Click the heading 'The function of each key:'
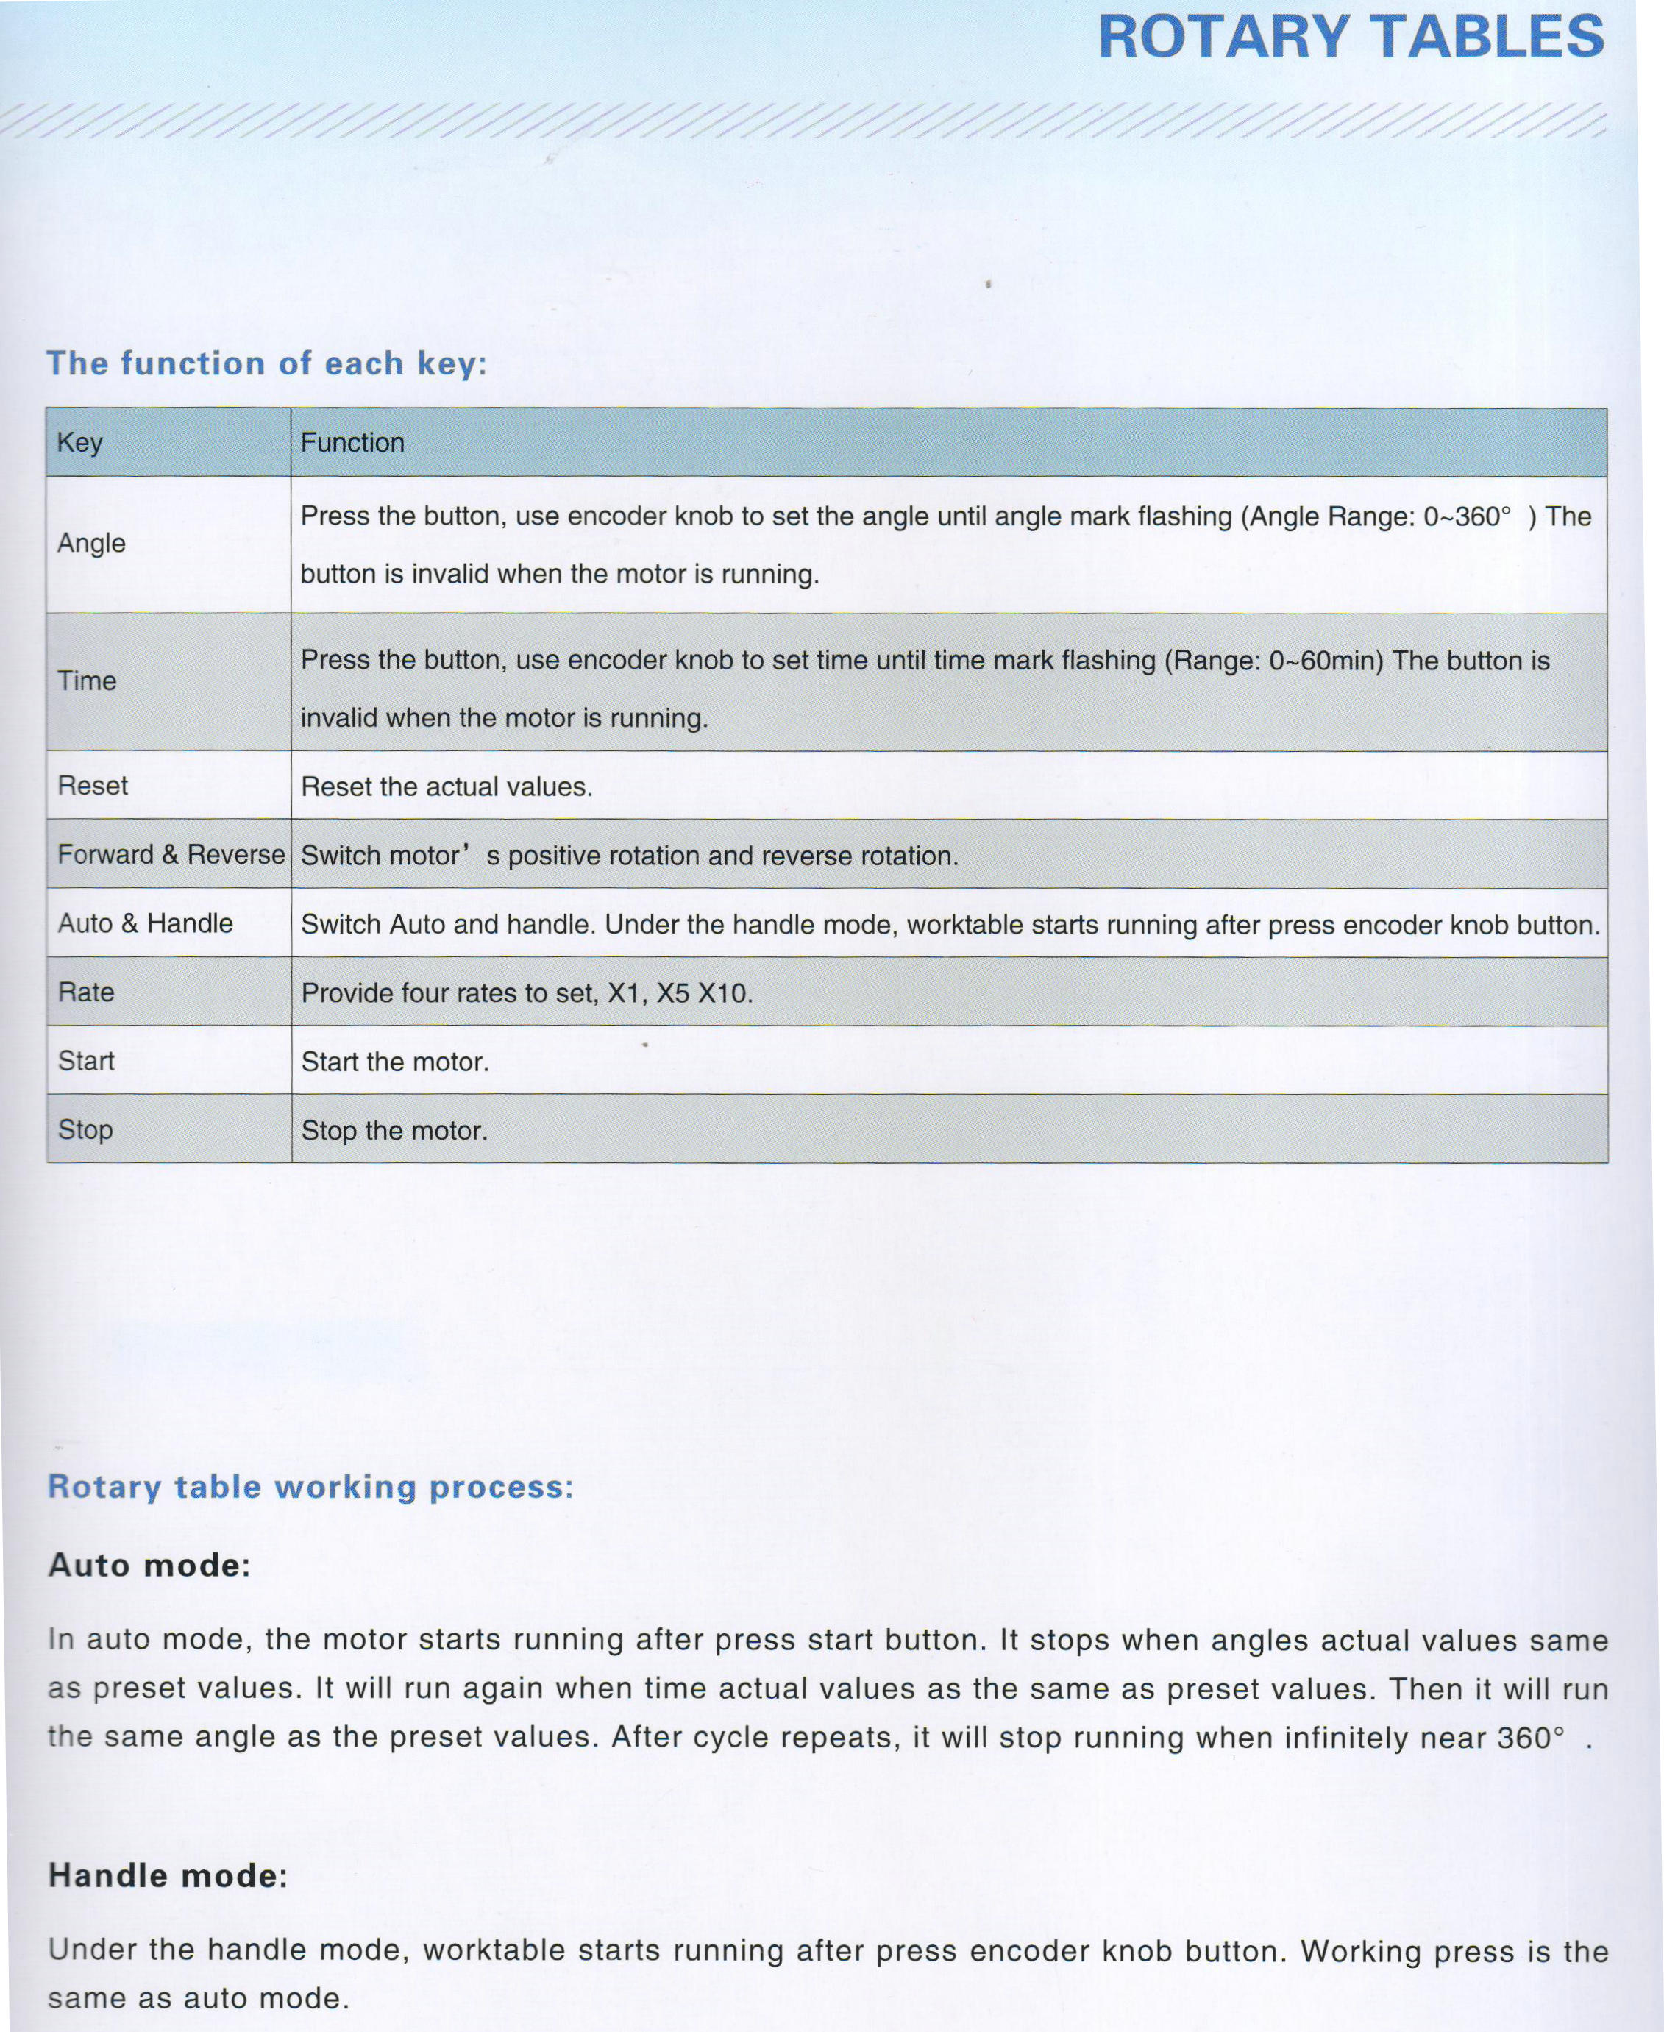[x=266, y=363]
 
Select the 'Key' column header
[x=79, y=442]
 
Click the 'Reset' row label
[x=92, y=785]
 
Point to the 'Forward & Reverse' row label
[x=171, y=854]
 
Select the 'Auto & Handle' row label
[x=145, y=923]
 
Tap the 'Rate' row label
[x=85, y=992]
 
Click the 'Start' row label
[x=85, y=1061]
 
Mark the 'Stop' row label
[x=85, y=1129]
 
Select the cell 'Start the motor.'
[x=395, y=1062]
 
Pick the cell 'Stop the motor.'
[x=394, y=1130]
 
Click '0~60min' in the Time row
[x=1323, y=661]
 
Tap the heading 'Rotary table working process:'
[x=310, y=1487]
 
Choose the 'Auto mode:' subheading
[x=149, y=1566]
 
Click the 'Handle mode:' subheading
[x=168, y=1876]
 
